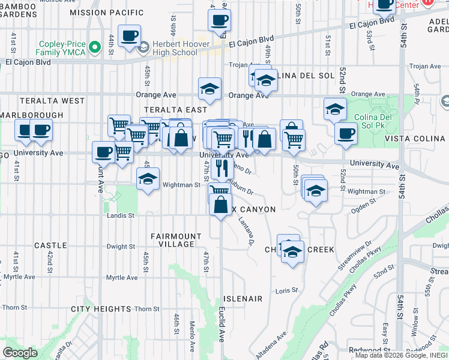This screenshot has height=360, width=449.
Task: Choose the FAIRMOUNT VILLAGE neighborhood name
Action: click(x=172, y=240)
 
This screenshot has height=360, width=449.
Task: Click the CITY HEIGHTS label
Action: click(x=100, y=309)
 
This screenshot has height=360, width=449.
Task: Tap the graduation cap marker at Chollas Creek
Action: click(x=292, y=252)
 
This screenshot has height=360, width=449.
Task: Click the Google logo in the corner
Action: click(x=20, y=352)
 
